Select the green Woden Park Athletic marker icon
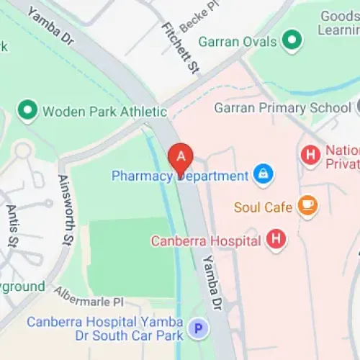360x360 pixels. tap(28, 111)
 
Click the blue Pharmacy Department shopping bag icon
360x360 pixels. tap(263, 174)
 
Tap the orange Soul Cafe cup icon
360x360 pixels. tap(307, 207)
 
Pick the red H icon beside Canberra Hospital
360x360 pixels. tap(276, 240)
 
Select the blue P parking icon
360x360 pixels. tap(197, 329)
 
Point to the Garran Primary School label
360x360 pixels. tap(282, 108)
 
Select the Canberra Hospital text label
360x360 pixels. tap(205, 240)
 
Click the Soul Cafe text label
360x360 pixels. tap(264, 207)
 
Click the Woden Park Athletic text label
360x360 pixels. tap(104, 112)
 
